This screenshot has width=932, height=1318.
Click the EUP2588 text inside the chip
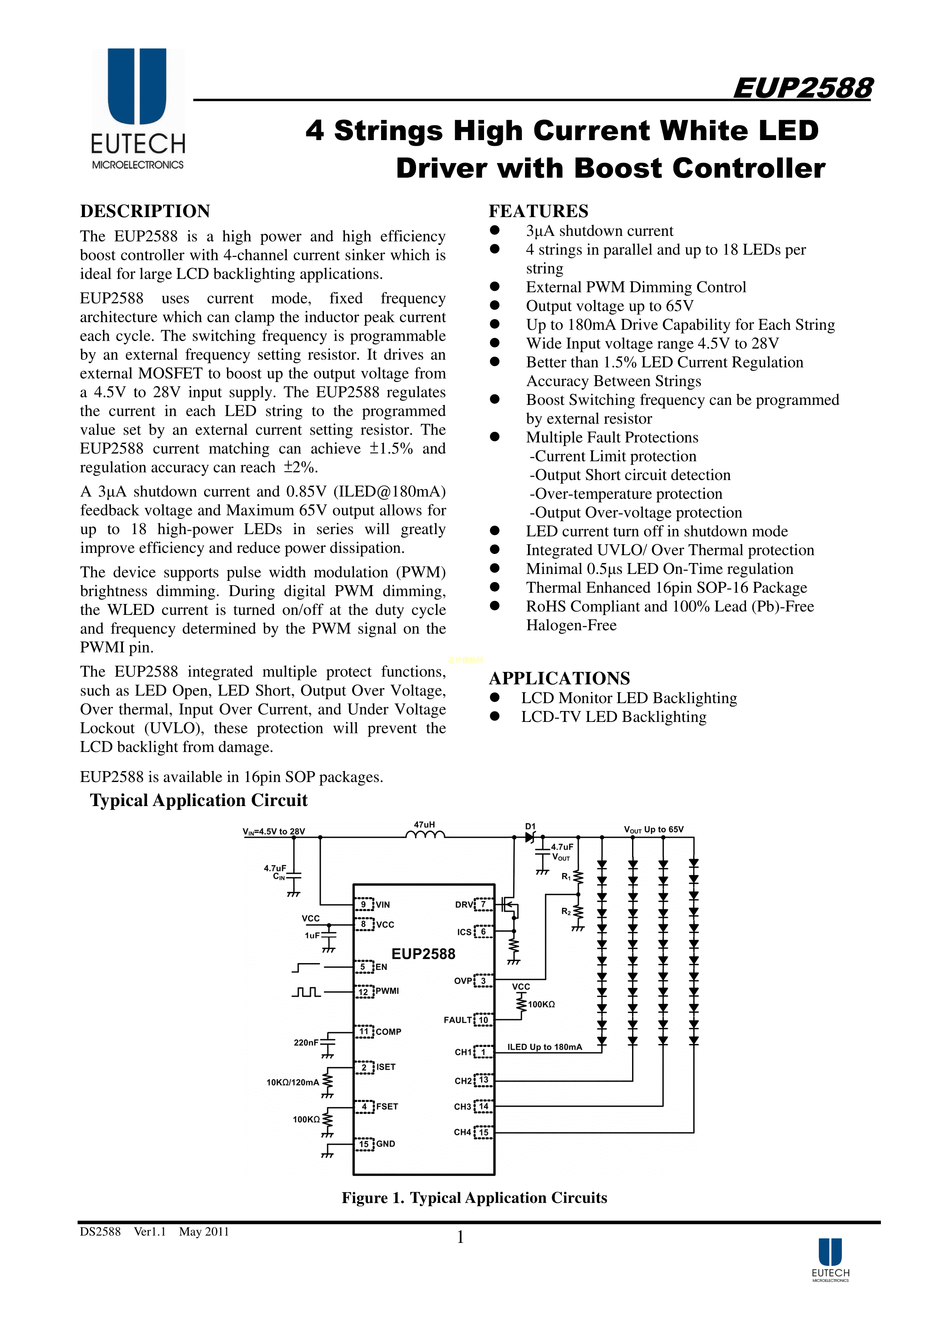pyautogui.click(x=423, y=954)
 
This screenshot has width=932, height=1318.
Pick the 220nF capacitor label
pyautogui.click(x=306, y=1042)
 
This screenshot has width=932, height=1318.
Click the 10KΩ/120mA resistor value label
pyautogui.click(x=292, y=1082)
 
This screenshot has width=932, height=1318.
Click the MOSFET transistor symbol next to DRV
pyautogui.click(x=509, y=906)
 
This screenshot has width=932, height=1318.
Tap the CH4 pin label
pyautogui.click(x=462, y=1132)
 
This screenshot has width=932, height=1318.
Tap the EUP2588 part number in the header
pyautogui.click(x=802, y=88)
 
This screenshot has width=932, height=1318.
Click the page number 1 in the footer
pyautogui.click(x=460, y=1237)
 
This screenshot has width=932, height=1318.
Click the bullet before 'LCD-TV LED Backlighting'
pyautogui.click(x=495, y=716)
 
